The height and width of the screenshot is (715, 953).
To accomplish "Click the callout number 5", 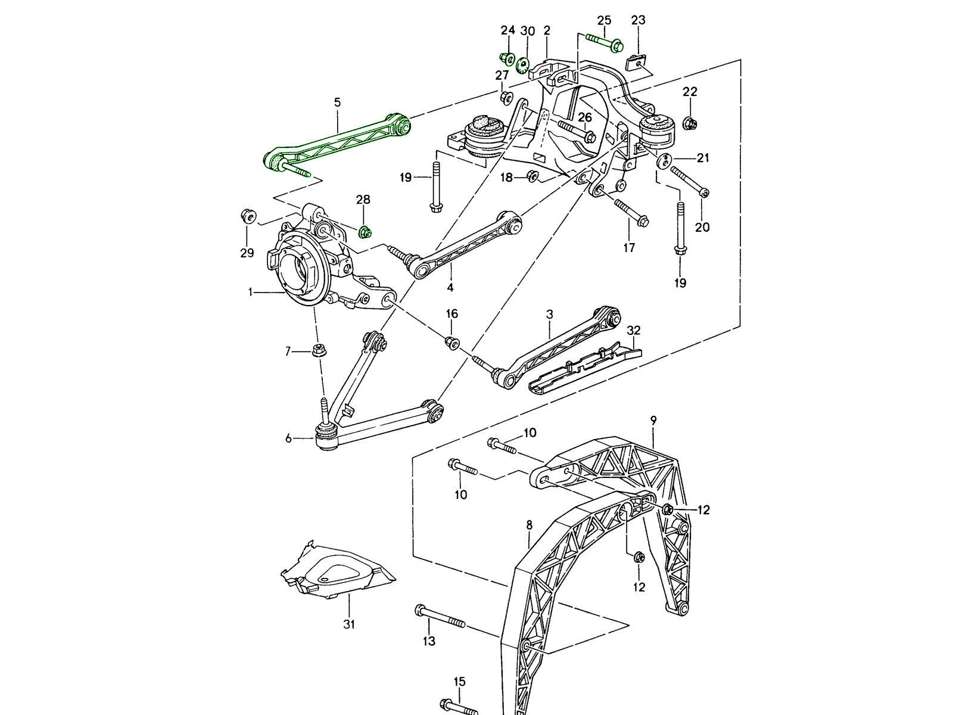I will [337, 102].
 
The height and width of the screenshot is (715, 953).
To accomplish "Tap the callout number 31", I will [349, 624].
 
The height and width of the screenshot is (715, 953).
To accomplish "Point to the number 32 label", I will [633, 330].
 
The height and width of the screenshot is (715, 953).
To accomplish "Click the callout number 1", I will [251, 292].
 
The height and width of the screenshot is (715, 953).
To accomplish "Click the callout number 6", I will [289, 439].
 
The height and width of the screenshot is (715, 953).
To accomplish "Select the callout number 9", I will [653, 421].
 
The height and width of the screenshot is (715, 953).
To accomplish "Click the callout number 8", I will [529, 525].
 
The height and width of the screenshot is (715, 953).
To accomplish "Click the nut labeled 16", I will [452, 342].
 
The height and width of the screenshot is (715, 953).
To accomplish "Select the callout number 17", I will [629, 247].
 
